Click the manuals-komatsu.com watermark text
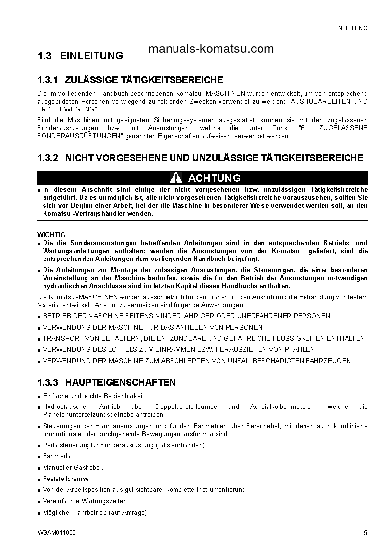(x=211, y=49)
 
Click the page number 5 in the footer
(x=365, y=533)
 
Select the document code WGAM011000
(x=56, y=533)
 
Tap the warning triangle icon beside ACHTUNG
(x=176, y=178)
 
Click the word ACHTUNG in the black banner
(x=214, y=178)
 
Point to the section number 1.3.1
(x=48, y=80)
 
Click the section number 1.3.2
(x=48, y=158)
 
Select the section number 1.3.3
(x=48, y=382)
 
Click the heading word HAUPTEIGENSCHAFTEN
(x=120, y=382)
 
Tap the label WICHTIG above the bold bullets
(x=51, y=235)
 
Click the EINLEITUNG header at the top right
(x=349, y=28)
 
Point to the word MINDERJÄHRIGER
(x=186, y=316)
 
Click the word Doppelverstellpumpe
(x=189, y=407)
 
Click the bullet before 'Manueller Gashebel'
(x=39, y=468)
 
